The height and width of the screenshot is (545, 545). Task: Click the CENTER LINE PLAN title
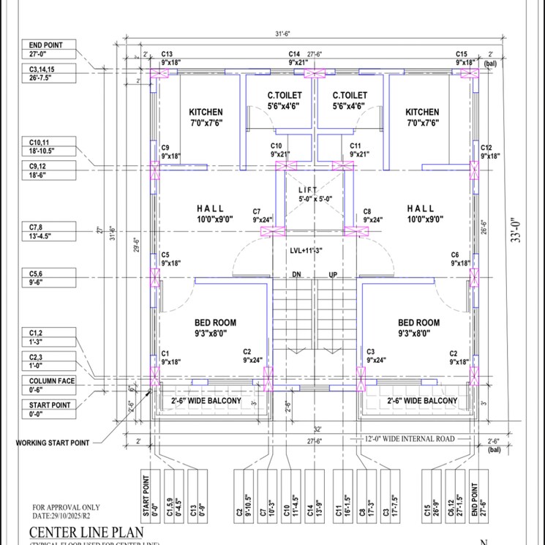[x=86, y=533]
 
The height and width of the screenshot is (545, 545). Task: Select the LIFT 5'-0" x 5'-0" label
[x=315, y=194]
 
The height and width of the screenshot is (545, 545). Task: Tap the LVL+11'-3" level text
[x=307, y=251]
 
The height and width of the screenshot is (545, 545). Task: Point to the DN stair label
[x=297, y=274]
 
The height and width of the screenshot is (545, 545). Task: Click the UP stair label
[x=334, y=274]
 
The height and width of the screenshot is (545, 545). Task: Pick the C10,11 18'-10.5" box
[x=50, y=146]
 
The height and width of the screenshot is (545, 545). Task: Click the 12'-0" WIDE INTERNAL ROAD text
[x=410, y=439]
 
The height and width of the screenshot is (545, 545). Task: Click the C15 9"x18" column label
[x=465, y=59]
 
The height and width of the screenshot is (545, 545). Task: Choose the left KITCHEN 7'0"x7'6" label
[x=206, y=118]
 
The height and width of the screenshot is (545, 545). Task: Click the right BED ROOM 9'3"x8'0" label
[x=418, y=328]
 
